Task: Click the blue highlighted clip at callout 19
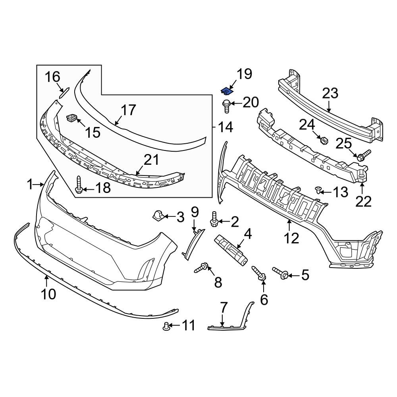coord(227,91)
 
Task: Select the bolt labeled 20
coord(226,105)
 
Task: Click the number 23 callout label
coord(330,94)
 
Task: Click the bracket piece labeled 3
coord(159,216)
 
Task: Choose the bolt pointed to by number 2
coord(214,220)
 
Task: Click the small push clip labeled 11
coord(167,327)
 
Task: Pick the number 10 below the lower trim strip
coord(46,294)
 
